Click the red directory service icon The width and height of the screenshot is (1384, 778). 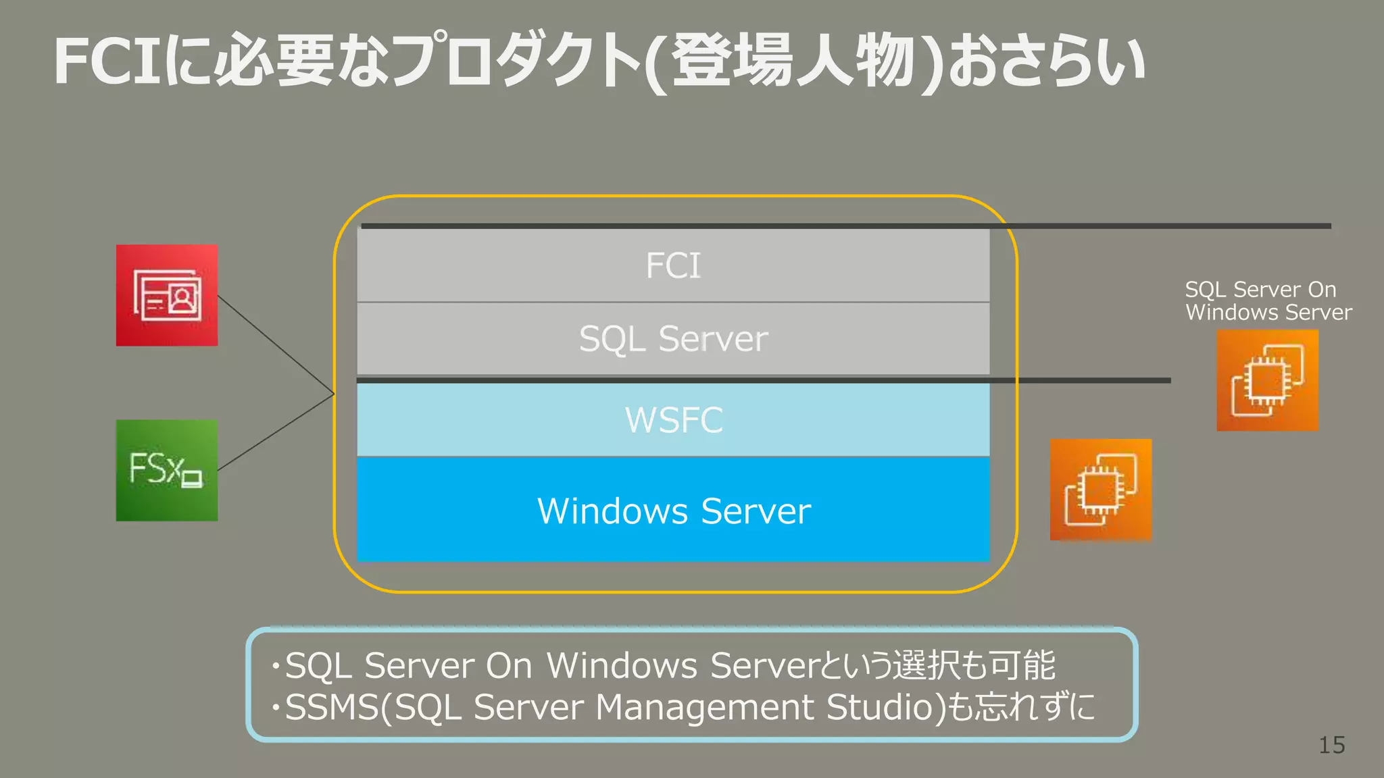tap(167, 296)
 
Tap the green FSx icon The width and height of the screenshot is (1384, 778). tap(167, 470)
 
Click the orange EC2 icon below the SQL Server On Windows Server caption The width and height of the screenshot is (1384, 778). tap(1267, 380)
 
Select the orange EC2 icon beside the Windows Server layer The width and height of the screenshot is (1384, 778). tap(1100, 490)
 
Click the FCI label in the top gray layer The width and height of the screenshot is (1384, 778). tap(673, 265)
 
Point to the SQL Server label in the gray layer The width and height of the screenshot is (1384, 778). tap(673, 338)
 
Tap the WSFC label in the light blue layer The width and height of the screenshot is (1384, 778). tap(673, 420)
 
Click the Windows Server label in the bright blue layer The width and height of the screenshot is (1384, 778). tap(673, 511)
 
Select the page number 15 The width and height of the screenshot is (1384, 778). tap(1331, 745)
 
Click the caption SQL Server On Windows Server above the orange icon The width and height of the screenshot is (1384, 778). tap(1267, 301)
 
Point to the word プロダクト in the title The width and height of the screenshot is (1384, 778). tap(514, 62)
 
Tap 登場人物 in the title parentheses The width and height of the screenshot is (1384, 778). tap(794, 62)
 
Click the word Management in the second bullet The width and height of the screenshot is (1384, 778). tap(705, 707)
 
